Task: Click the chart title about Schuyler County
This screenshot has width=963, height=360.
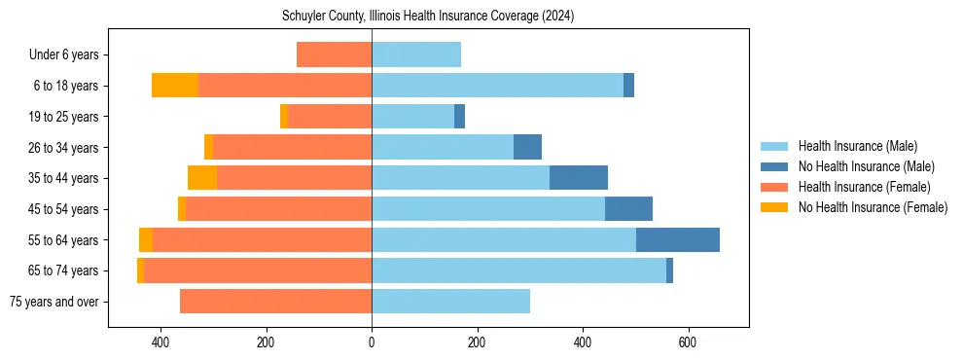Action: pyautogui.click(x=428, y=17)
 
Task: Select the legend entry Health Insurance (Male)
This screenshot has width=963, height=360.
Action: pyautogui.click(x=857, y=146)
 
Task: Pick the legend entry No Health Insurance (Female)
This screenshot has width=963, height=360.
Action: pyautogui.click(x=872, y=207)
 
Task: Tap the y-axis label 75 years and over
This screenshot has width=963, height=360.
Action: pyautogui.click(x=53, y=302)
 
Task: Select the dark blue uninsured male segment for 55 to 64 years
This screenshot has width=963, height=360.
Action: pyautogui.click(x=678, y=239)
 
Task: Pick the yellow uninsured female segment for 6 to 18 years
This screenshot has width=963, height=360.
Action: pyautogui.click(x=175, y=86)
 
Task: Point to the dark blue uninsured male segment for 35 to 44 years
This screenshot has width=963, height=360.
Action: pyautogui.click(x=579, y=178)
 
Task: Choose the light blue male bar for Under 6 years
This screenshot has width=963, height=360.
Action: pyautogui.click(x=416, y=55)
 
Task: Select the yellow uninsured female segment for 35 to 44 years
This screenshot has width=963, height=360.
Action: pyautogui.click(x=202, y=178)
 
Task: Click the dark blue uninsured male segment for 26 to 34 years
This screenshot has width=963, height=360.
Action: pyautogui.click(x=527, y=147)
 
